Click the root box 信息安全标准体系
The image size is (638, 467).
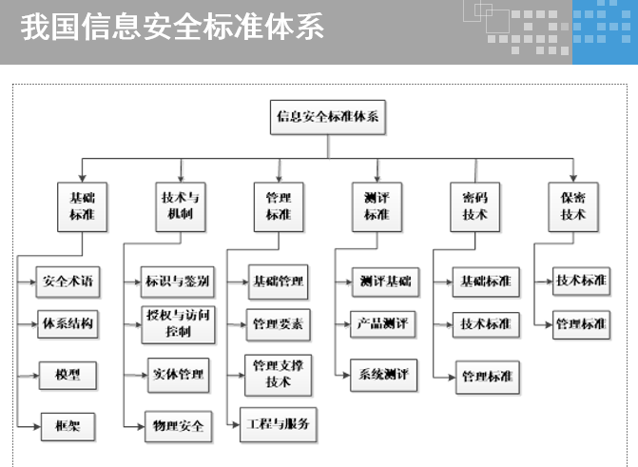[328, 117]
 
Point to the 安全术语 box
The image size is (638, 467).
[68, 282]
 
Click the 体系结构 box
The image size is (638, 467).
[68, 323]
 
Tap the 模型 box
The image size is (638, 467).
[68, 375]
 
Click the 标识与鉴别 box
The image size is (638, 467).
[178, 282]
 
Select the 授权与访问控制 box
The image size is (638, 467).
[178, 323]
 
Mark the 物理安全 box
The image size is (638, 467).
[179, 426]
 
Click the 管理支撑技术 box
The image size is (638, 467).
[279, 374]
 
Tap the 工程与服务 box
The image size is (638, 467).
[279, 424]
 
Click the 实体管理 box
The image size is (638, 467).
[179, 375]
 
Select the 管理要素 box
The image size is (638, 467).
[279, 324]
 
